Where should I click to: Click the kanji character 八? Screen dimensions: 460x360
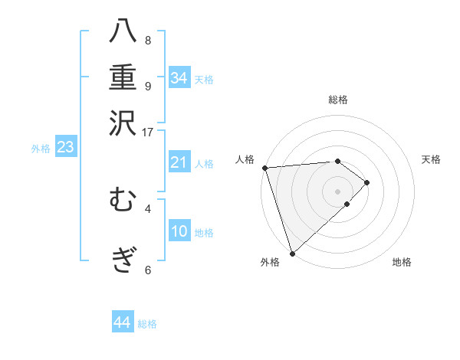(123, 33)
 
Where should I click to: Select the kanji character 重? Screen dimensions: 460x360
(123, 77)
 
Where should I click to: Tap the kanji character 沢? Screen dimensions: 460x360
(123, 123)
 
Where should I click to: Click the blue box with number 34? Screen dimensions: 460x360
(179, 78)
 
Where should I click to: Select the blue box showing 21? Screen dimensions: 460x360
(179, 162)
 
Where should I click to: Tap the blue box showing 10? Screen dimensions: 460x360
(179, 231)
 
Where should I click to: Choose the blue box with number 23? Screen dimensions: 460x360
(65, 147)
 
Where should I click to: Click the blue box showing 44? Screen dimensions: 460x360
(122, 322)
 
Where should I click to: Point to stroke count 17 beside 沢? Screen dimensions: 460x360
(147, 131)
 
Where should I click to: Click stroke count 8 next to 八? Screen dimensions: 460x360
(147, 40)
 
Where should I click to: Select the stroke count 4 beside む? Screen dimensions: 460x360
(147, 208)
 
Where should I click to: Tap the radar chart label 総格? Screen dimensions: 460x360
(338, 100)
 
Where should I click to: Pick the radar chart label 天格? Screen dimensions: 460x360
(431, 159)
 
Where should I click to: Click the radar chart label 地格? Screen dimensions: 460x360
(402, 262)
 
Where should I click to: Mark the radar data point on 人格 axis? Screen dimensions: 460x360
(264, 168)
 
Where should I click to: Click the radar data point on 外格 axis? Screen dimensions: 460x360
(292, 253)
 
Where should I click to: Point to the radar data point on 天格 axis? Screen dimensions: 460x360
(367, 182)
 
